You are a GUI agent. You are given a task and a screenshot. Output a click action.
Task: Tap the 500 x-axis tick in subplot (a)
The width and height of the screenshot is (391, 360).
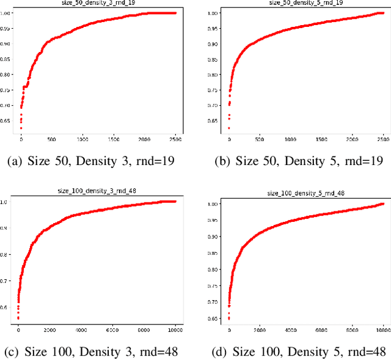pos(51,139)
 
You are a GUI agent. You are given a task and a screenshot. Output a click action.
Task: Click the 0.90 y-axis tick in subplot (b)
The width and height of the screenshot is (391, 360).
pos(214,44)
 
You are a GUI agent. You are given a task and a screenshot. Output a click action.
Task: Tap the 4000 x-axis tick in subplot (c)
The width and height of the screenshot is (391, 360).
pos(81,330)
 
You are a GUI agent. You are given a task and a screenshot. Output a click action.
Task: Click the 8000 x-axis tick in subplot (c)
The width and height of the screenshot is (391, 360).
pos(144,330)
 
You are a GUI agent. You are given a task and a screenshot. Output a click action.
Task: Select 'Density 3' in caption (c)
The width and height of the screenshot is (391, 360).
pos(101,351)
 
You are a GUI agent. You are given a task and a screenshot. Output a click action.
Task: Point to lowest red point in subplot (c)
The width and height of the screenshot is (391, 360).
pos(18,318)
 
